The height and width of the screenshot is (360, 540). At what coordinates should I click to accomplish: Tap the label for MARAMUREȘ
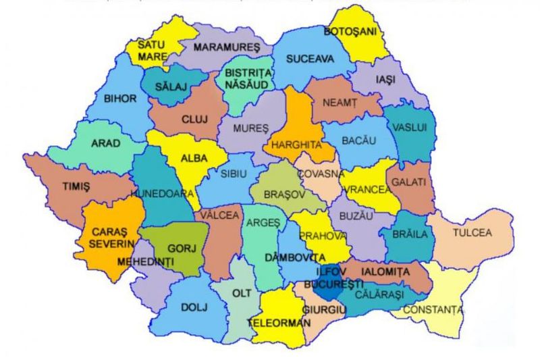coord(226,48)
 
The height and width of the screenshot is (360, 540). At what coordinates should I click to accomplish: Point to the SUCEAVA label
coord(310,59)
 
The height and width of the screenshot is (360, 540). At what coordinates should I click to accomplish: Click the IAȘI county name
coord(385,80)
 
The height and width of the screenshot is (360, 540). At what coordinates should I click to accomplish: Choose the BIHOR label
coord(120,98)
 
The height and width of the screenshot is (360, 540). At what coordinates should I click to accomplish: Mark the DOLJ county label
coord(192,307)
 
